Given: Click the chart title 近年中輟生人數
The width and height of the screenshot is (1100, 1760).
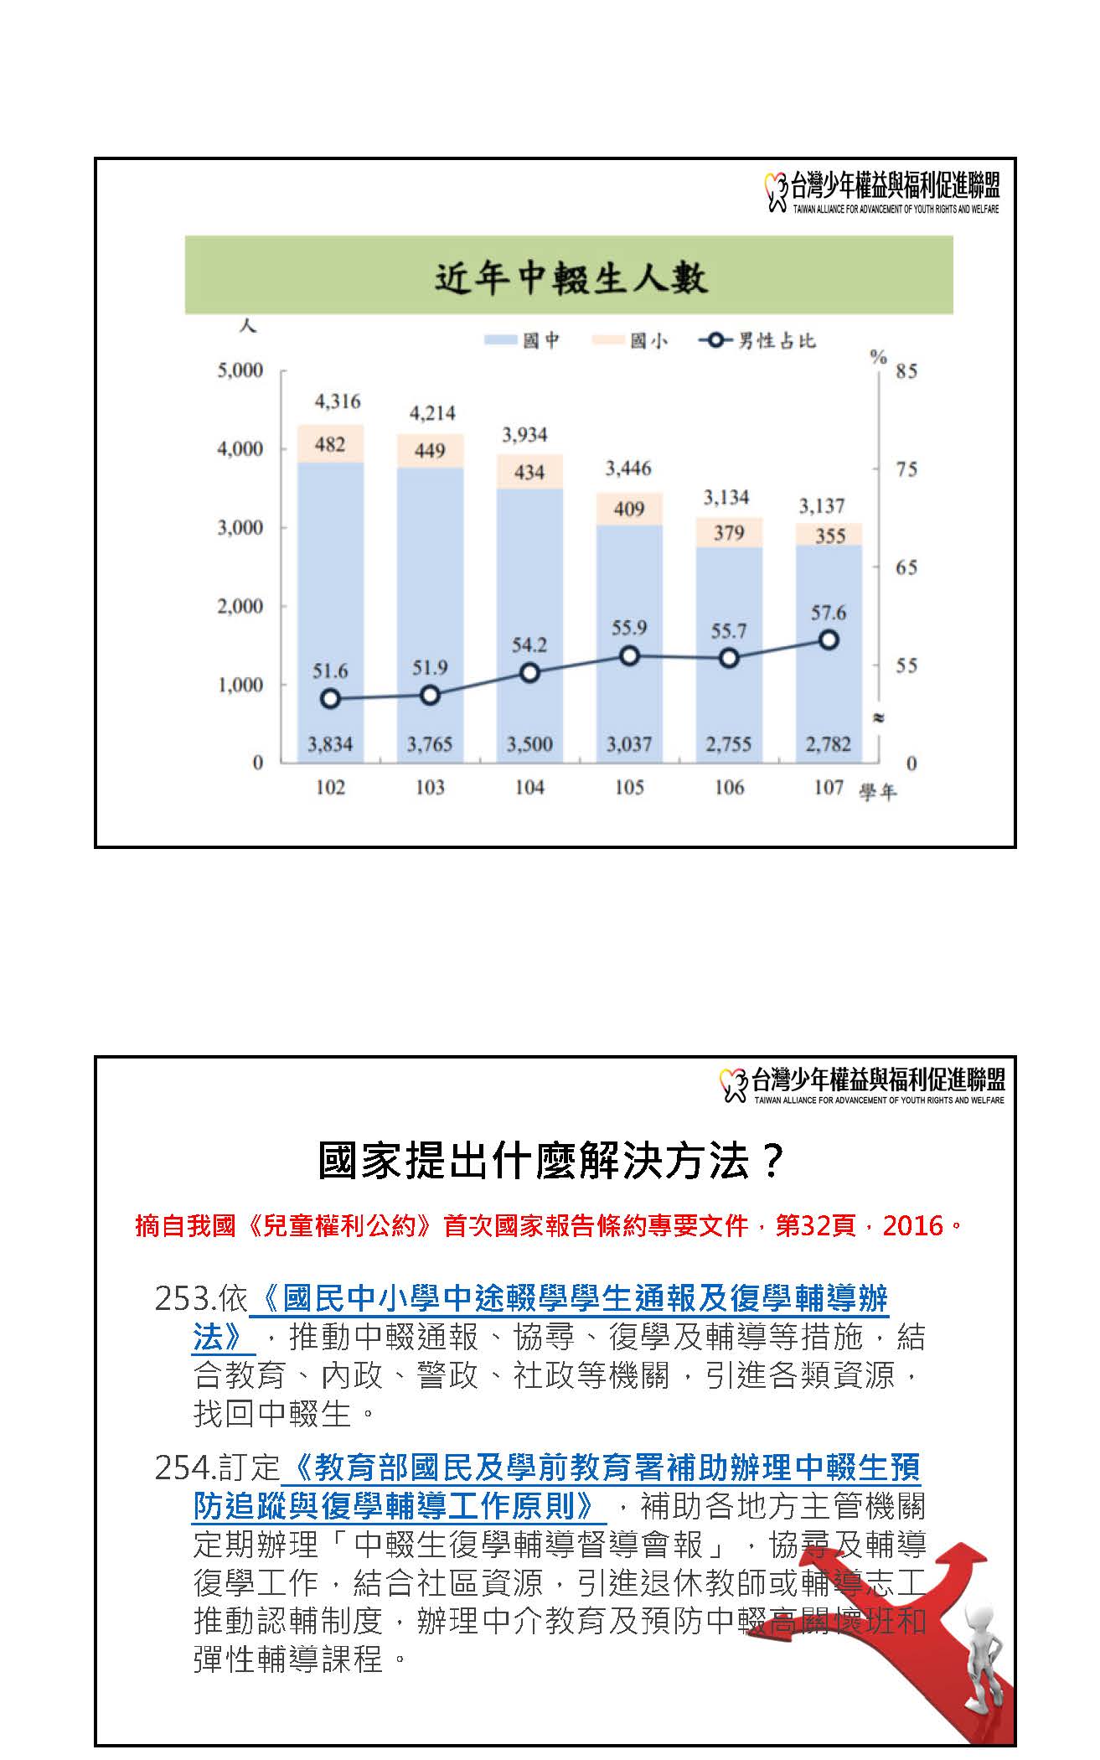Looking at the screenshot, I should [570, 277].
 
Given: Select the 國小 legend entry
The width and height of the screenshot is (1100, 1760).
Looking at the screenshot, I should [630, 340].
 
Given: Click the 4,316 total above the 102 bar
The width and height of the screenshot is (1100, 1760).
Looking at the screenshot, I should [337, 401].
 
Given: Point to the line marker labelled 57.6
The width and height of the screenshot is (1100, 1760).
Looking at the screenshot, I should [829, 640].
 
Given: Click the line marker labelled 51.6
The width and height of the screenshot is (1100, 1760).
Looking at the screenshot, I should [330, 699].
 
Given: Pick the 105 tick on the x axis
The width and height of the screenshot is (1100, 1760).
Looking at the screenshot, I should [629, 788].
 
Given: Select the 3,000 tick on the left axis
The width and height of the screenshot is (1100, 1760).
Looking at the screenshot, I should [240, 528].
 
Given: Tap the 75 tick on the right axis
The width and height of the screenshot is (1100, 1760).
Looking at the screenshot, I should [906, 469].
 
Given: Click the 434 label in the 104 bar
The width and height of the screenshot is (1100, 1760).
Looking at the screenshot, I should [529, 473].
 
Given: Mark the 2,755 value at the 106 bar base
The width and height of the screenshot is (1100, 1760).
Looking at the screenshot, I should [728, 744].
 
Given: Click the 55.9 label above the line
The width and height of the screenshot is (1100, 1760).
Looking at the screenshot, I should [628, 628].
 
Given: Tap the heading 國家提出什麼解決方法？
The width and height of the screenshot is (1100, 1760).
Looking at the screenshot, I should [552, 1162].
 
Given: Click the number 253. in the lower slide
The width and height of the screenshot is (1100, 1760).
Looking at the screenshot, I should [186, 1300].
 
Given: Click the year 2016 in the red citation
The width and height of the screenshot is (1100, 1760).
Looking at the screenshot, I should [913, 1226].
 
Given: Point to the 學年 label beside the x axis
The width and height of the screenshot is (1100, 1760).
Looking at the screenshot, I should [877, 792].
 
